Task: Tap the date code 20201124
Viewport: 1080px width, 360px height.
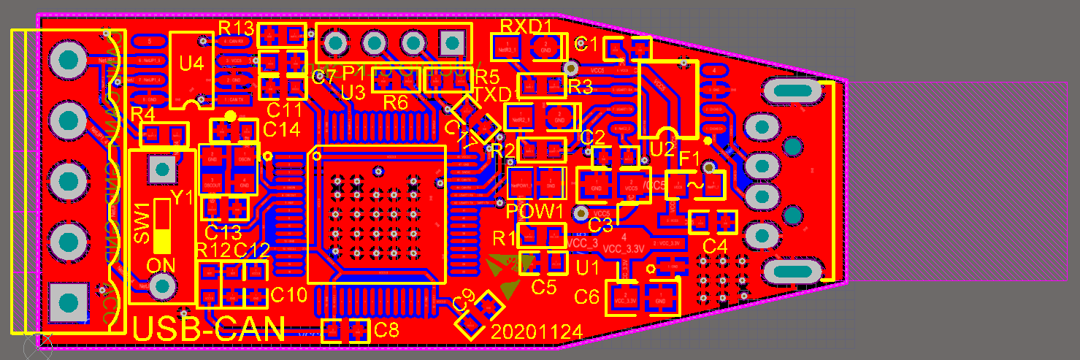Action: click(537, 332)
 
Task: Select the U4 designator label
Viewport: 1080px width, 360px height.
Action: click(191, 64)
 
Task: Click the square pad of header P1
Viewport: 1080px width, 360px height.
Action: click(452, 43)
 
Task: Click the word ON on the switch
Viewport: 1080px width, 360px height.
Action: click(161, 264)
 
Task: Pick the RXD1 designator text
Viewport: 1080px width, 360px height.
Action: click(526, 26)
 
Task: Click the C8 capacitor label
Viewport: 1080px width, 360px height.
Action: click(386, 329)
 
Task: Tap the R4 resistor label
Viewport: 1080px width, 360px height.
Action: click(142, 114)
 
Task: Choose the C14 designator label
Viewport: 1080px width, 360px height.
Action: click(282, 130)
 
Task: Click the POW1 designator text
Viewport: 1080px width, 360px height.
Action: click(535, 212)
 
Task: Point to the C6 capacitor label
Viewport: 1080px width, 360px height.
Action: click(587, 296)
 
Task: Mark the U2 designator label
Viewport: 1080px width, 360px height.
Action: click(662, 149)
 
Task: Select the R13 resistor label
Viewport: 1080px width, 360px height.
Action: click(236, 28)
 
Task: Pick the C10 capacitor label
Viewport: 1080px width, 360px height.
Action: click(288, 296)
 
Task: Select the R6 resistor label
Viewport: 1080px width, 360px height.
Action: click(395, 102)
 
